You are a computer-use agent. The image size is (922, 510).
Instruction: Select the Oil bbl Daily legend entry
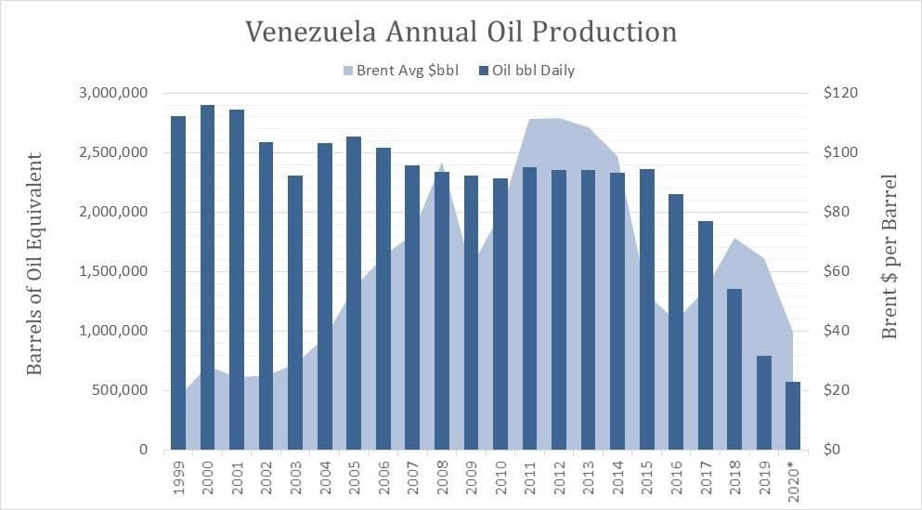coord(526,70)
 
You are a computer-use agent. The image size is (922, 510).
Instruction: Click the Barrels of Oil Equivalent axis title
coord(35,264)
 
